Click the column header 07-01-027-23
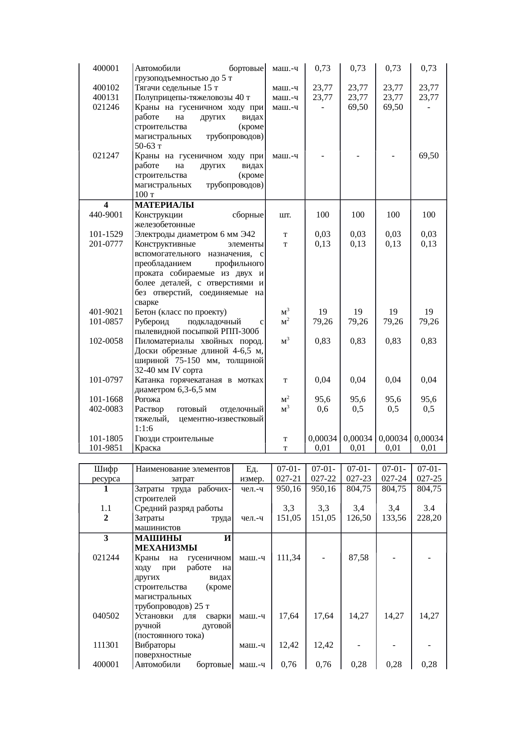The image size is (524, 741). pyautogui.click(x=358, y=474)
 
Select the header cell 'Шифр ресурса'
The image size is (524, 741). pyautogui.click(x=106, y=474)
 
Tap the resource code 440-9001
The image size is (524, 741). pyautogui.click(x=106, y=214)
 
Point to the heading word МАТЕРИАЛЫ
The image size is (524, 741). pyautogui.click(x=164, y=205)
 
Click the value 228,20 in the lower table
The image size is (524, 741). pyautogui.click(x=428, y=518)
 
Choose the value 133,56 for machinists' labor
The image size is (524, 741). pyautogui.click(x=393, y=518)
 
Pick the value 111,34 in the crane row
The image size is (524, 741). pyautogui.click(x=288, y=557)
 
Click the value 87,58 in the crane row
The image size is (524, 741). pyautogui.click(x=358, y=557)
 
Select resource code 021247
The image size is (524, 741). pyautogui.click(x=106, y=156)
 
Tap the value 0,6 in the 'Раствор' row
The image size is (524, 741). pyautogui.click(x=322, y=409)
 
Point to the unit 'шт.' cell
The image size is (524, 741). pyautogui.click(x=285, y=214)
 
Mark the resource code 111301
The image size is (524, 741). pyautogui.click(x=106, y=645)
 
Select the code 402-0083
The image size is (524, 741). pyautogui.click(x=106, y=409)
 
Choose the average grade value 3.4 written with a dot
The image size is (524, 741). pyautogui.click(x=428, y=508)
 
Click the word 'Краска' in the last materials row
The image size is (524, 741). pyautogui.click(x=147, y=448)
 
